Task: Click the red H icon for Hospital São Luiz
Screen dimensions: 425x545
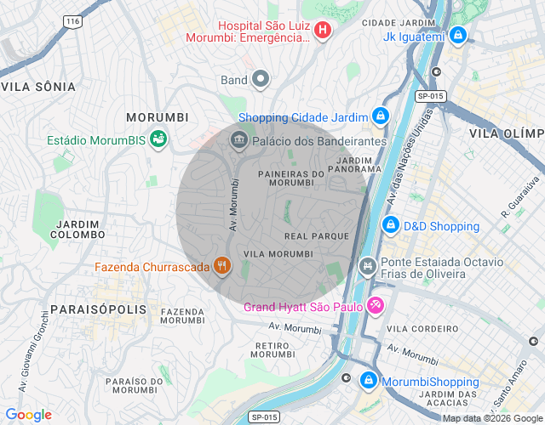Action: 323,31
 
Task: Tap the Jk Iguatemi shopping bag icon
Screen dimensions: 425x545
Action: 458,36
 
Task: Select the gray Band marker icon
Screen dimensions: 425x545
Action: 261,81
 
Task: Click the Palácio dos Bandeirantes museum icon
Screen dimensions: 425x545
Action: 239,140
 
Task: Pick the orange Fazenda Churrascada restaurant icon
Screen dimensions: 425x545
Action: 222,266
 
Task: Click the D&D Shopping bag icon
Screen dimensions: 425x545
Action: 391,226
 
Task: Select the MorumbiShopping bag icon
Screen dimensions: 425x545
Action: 369,380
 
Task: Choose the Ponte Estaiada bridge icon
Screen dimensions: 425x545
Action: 368,268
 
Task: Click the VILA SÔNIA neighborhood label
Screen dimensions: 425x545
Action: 38,87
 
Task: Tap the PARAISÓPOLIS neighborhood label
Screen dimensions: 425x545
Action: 98,309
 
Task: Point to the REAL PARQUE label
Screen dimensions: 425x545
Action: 317,235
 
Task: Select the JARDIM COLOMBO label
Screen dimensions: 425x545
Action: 78,229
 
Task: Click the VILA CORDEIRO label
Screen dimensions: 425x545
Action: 417,328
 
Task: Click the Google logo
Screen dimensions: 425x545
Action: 28,415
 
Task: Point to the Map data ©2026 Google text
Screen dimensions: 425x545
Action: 492,418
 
